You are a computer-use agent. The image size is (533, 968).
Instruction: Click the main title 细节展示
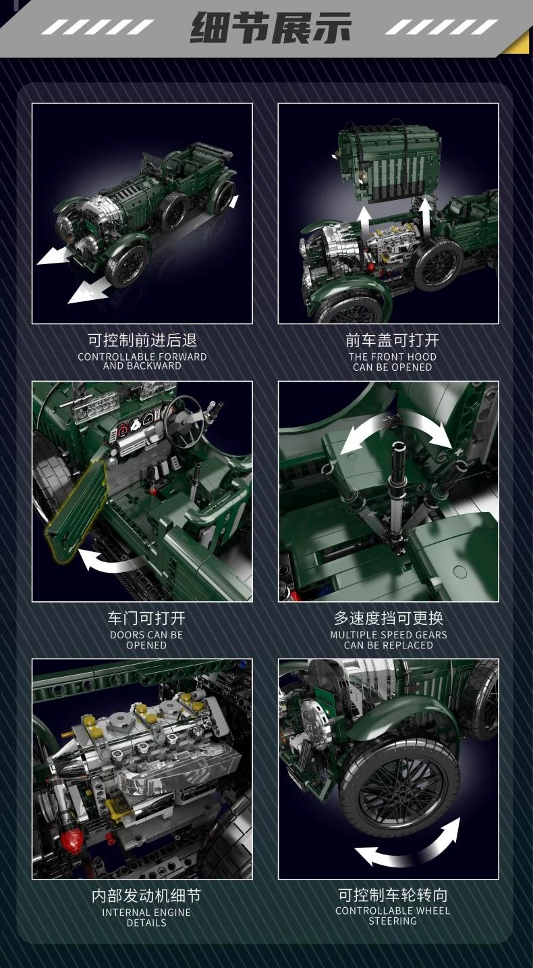271,28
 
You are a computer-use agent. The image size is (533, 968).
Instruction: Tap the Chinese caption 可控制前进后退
142,340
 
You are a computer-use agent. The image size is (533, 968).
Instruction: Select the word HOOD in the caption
422,357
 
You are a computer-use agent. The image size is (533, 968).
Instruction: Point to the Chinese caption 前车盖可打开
392,340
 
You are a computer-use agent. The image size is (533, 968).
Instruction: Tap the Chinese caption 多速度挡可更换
389,618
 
